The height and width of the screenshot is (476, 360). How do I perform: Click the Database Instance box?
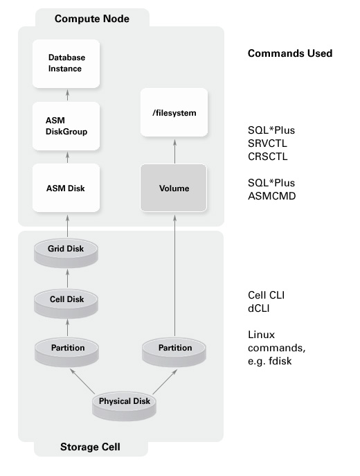tap(66, 63)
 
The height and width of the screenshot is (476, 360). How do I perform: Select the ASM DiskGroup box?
tap(66, 126)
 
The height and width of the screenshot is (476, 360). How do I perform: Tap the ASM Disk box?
tap(66, 188)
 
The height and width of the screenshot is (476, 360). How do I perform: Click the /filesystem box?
tap(174, 112)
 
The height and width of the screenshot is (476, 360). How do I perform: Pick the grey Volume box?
tap(174, 188)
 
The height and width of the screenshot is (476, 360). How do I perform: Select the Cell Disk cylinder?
tap(66, 300)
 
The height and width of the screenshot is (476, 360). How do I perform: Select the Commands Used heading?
tap(289, 53)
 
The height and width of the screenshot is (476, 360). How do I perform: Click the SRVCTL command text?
tap(267, 143)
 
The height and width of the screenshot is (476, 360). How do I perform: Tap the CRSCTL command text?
tap(267, 156)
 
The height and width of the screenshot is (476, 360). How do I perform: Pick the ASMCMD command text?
tap(270, 195)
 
